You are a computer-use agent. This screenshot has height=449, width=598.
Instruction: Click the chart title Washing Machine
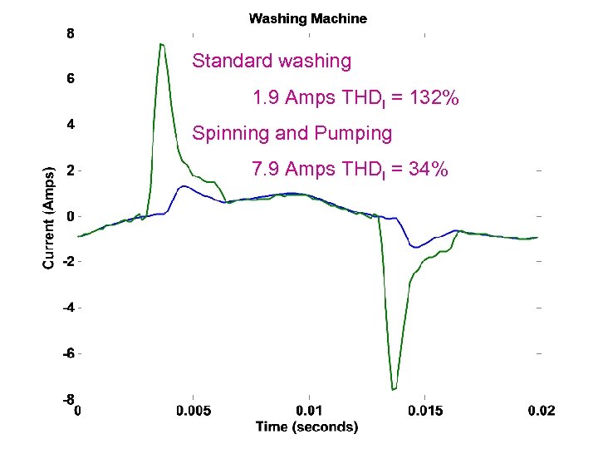(x=308, y=18)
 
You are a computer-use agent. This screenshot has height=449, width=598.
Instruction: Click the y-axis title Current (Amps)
(x=49, y=216)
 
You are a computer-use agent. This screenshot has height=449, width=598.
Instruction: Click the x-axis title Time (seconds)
(x=307, y=427)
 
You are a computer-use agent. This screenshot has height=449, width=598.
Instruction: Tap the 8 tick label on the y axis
(x=70, y=34)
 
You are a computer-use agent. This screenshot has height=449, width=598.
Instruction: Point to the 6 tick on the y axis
(x=70, y=80)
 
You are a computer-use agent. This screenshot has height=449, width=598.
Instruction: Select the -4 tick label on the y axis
(x=68, y=308)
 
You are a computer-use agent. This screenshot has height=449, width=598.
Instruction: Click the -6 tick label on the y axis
(x=68, y=353)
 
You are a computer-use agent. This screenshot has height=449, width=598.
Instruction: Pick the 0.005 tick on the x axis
(x=193, y=412)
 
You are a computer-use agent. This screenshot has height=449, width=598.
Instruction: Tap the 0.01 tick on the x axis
(x=309, y=412)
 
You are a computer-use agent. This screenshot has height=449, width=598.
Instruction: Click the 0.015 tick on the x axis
(x=424, y=412)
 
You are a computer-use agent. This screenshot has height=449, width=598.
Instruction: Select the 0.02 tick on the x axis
(x=541, y=412)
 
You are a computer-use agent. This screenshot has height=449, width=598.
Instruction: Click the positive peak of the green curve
(x=162, y=44)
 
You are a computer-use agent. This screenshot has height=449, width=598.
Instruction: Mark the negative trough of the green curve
(x=394, y=388)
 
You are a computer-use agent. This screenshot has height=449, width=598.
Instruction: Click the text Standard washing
(x=272, y=61)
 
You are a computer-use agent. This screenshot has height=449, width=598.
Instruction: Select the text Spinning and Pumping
(x=292, y=133)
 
